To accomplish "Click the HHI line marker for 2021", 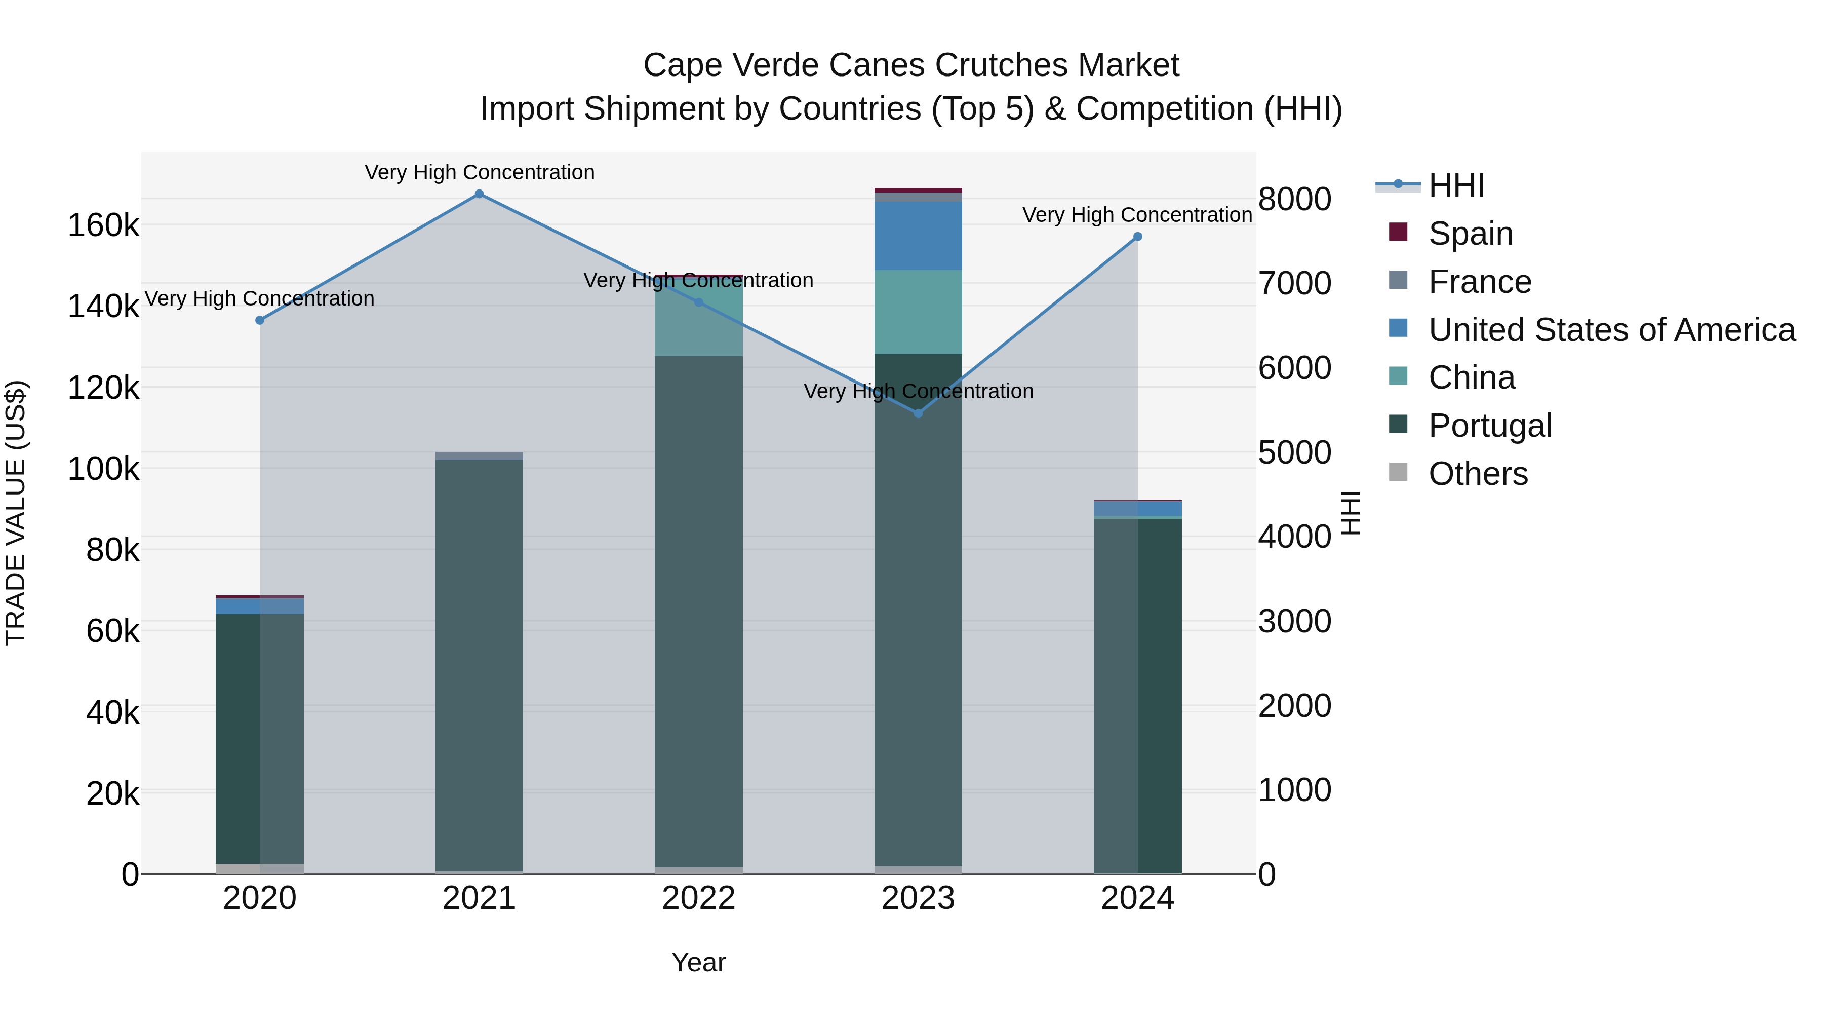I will (x=479, y=194).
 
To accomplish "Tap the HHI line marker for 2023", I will (x=919, y=413).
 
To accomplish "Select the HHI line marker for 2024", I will (x=1138, y=237).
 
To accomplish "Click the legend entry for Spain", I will (x=1470, y=234).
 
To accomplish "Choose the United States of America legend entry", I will (x=1611, y=330).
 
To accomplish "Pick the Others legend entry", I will (x=1478, y=474).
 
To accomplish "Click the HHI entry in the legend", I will (x=1456, y=185).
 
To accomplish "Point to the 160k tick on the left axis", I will (x=103, y=226).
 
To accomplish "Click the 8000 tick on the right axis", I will (x=1294, y=199).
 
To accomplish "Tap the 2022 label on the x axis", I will (x=698, y=898).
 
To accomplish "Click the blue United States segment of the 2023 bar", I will (x=919, y=236).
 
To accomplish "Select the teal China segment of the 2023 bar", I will (x=919, y=312).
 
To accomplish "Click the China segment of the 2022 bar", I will (x=698, y=319).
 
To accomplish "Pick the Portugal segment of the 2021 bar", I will (x=479, y=666).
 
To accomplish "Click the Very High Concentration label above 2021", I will (x=479, y=173).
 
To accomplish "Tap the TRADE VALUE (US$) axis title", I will (x=16, y=513).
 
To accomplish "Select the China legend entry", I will (x=1471, y=377).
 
